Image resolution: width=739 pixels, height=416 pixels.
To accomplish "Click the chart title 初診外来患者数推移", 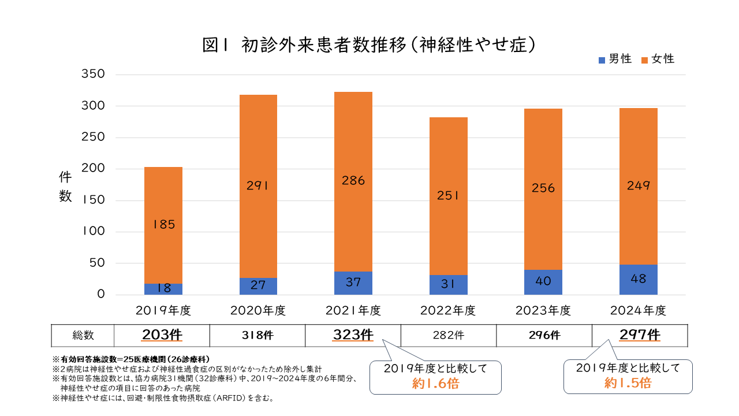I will tap(370, 45).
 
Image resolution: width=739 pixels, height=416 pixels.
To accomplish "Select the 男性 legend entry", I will tap(615, 59).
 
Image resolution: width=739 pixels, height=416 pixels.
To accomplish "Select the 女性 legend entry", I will tap(658, 59).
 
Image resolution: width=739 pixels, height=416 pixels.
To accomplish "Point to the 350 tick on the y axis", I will tap(93, 75).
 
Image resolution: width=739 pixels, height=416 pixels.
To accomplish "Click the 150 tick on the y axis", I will tap(93, 200).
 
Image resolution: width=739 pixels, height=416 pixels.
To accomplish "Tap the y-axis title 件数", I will tap(65, 187).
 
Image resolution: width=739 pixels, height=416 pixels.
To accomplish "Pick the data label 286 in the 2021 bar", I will tap(353, 181).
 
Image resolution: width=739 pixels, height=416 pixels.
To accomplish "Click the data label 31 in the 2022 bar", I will tap(448, 285).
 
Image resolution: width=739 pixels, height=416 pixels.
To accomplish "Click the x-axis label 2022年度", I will tap(448, 311).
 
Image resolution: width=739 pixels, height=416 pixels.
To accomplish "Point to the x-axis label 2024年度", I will tap(638, 311).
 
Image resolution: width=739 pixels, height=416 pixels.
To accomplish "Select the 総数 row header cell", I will tap(83, 335).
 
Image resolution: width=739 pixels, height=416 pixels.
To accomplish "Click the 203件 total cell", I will tap(162, 335).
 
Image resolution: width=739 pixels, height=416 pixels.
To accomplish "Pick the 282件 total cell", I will tap(448, 335).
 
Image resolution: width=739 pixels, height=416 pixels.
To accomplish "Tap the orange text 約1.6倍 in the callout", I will tap(435, 383).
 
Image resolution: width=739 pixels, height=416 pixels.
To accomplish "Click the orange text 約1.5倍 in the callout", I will tap(628, 382).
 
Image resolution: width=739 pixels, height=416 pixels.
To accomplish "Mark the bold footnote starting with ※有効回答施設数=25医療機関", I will tap(131, 359).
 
